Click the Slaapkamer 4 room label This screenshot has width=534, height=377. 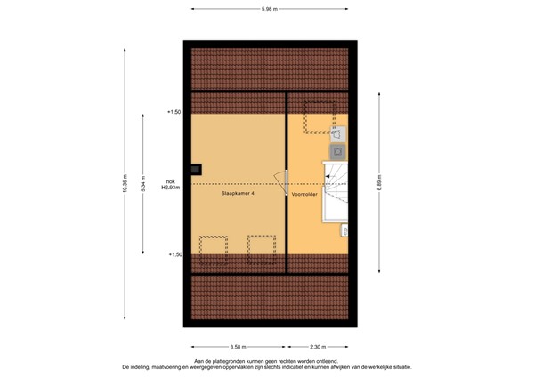point(238,192)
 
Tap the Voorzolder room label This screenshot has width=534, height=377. point(304,192)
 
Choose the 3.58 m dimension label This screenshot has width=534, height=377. point(238,347)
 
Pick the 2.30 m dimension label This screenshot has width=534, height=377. point(318,347)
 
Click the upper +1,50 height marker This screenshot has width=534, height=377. point(174,112)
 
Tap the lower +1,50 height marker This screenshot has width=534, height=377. point(174,254)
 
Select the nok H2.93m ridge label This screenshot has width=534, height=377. point(170,184)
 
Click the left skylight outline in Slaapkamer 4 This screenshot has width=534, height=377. point(212,246)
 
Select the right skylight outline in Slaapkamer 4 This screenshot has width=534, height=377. point(261,246)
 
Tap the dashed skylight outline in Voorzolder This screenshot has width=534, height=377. point(318,116)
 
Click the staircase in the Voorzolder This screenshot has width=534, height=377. point(336,188)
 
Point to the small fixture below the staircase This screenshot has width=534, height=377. point(344,230)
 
